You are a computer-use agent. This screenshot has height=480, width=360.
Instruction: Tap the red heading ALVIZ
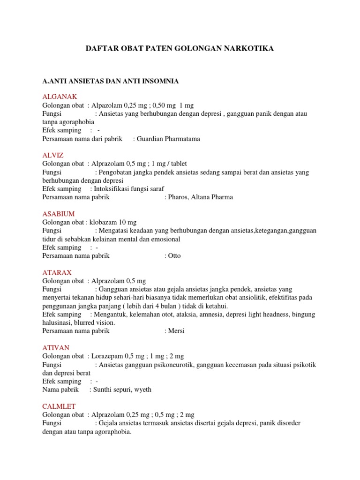click(53, 155)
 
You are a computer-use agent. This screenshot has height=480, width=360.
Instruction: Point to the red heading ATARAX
click(57, 272)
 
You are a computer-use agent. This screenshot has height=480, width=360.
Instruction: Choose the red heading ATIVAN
click(56, 347)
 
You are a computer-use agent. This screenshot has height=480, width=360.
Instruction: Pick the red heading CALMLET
click(59, 406)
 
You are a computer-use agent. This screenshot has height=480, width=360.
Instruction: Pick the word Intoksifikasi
click(113, 189)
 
